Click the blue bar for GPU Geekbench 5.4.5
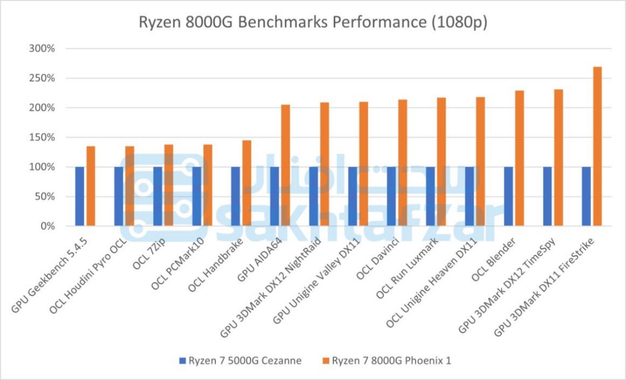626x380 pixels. [x=80, y=196]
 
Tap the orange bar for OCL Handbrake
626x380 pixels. [x=246, y=183]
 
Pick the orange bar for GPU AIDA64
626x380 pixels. [x=285, y=165]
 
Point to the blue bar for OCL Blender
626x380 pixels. [x=508, y=196]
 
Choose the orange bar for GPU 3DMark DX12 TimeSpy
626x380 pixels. [x=558, y=158]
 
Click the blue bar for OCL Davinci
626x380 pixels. [x=391, y=196]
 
